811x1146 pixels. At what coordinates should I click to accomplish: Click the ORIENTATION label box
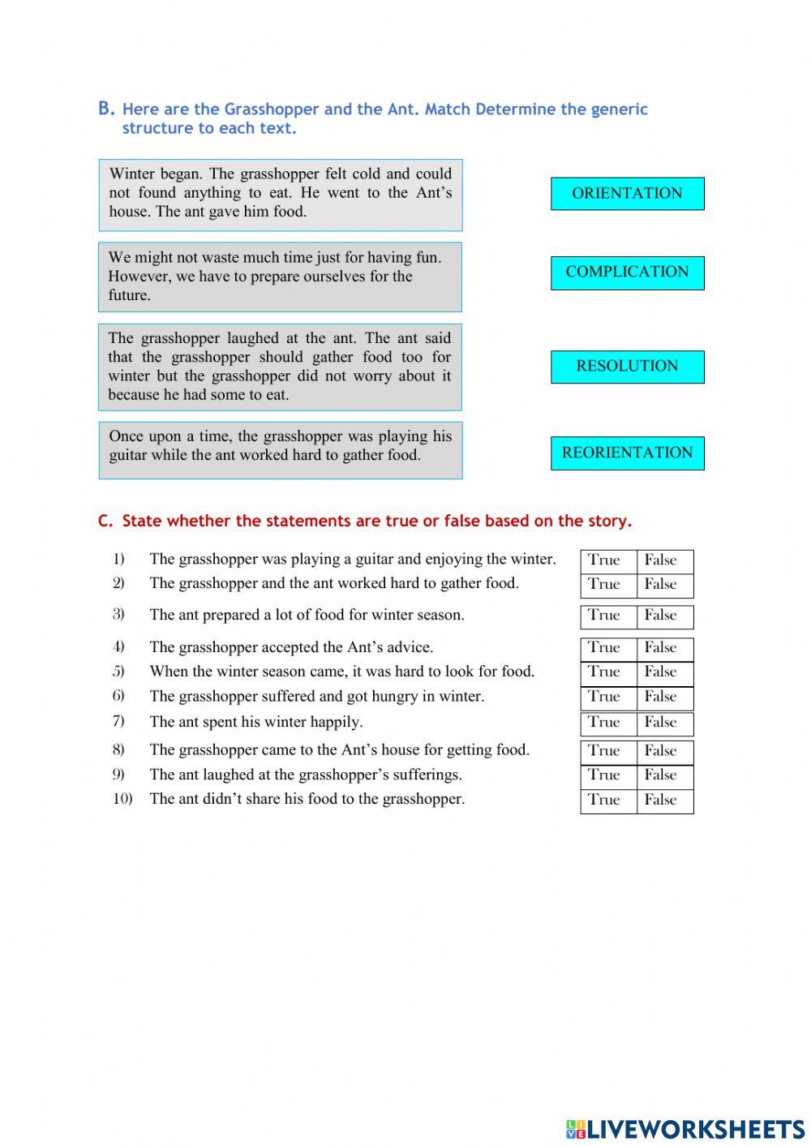(x=627, y=194)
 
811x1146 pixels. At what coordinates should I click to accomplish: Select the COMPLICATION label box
(x=627, y=273)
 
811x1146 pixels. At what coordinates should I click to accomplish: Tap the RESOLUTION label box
(x=627, y=367)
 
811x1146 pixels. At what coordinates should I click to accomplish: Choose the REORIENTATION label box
(x=627, y=453)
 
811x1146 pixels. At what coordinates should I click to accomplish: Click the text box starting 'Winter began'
(x=281, y=195)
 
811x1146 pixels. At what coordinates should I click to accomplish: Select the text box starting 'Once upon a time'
(x=281, y=449)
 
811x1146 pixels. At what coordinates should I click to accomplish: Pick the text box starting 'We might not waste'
(x=281, y=277)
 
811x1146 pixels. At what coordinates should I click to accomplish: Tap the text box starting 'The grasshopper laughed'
(x=281, y=367)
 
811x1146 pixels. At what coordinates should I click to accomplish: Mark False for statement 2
(x=663, y=585)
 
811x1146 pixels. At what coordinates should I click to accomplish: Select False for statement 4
(x=663, y=648)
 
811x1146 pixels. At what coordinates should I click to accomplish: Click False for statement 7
(x=663, y=723)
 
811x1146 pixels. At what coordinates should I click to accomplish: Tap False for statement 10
(x=663, y=800)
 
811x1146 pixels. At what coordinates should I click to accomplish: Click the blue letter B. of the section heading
(x=106, y=109)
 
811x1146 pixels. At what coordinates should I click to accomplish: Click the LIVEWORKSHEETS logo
(x=684, y=1128)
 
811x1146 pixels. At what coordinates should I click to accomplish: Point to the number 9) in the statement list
(x=118, y=775)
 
